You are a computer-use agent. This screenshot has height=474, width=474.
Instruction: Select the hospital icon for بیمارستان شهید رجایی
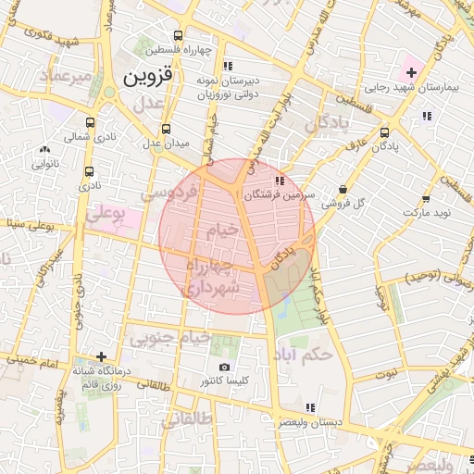pyautogui.click(x=411, y=72)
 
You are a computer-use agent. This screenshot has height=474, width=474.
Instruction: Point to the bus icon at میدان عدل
pyautogui.click(x=166, y=130)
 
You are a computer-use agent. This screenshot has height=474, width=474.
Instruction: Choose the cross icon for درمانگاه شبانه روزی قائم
pyautogui.click(x=101, y=356)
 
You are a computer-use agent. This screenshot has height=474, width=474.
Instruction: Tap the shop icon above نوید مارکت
pyautogui.click(x=425, y=199)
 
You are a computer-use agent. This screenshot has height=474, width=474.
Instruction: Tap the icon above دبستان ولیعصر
pyautogui.click(x=309, y=406)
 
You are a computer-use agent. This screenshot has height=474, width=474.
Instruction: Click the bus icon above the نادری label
pyautogui.click(x=90, y=171)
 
